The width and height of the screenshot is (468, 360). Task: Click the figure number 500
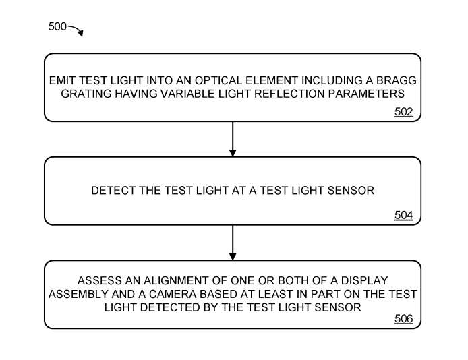(x=57, y=26)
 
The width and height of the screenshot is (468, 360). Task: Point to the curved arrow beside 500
(x=76, y=30)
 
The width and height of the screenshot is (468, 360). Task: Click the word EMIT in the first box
(x=62, y=80)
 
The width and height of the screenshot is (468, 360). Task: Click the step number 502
(x=403, y=113)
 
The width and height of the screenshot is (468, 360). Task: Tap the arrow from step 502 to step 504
(x=233, y=140)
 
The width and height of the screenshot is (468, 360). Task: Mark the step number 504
(x=403, y=216)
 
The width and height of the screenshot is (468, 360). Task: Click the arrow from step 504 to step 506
(x=233, y=243)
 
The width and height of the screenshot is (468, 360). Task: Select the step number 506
(x=403, y=319)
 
